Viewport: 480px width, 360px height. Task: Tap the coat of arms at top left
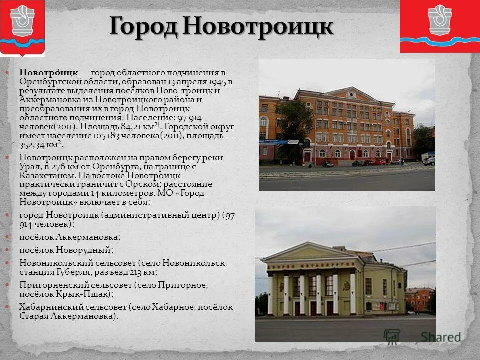(x=22, y=27)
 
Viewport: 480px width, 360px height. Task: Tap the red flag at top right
(x=440, y=26)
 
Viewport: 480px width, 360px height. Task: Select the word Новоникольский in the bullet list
(x=53, y=263)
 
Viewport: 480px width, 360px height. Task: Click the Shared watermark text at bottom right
(x=440, y=337)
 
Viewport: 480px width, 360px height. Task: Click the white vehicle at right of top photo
(x=429, y=161)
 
